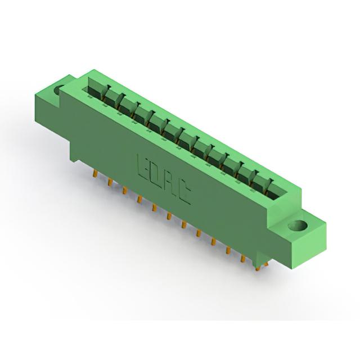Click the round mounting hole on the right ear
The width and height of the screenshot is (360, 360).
[x=298, y=225]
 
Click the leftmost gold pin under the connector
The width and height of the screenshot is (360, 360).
[x=94, y=173]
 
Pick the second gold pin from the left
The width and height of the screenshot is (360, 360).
[x=110, y=183]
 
